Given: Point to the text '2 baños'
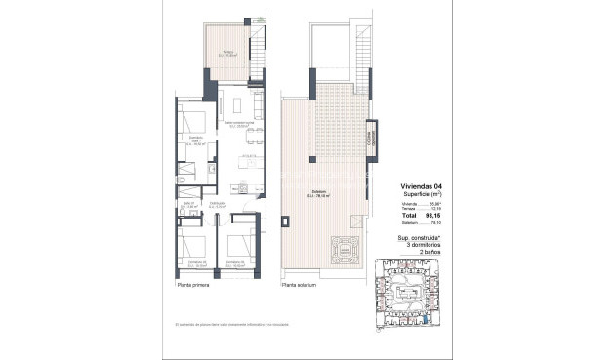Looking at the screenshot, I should click(x=421, y=251).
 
